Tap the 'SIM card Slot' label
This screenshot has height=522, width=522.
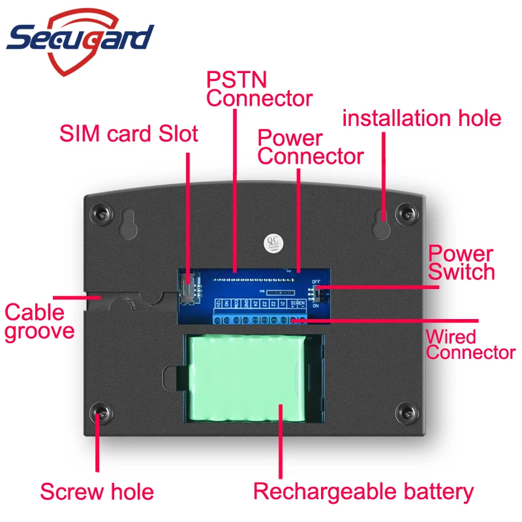[x=129, y=134]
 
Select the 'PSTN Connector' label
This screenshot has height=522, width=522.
[x=259, y=90]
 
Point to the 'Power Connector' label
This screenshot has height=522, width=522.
[x=310, y=147]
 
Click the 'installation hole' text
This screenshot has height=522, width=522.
[x=422, y=118]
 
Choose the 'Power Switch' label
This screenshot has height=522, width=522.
[x=461, y=262]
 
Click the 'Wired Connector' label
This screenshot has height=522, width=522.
[x=470, y=345]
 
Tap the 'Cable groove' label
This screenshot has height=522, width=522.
[x=39, y=322]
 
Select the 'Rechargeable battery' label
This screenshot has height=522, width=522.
[x=363, y=491]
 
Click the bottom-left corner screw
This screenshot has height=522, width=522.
[x=101, y=412]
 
